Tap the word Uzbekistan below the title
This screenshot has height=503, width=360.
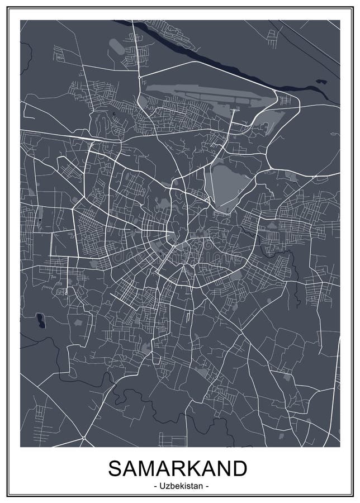180,486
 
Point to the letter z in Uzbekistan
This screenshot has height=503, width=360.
167,486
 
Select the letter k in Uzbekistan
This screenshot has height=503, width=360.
180,486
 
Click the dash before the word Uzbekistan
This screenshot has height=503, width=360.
154,486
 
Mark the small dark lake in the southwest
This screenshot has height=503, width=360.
40,321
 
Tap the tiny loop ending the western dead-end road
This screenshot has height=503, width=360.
66,291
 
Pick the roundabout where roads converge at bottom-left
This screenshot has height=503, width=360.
82,436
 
